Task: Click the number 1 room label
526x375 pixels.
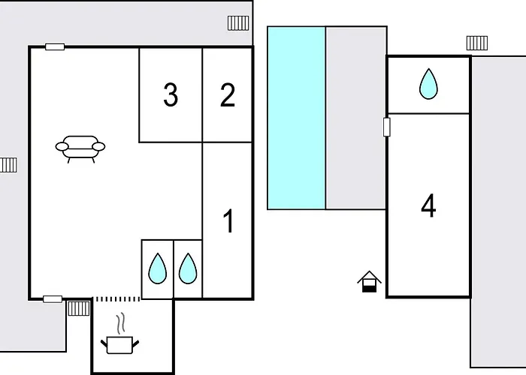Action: (x=228, y=220)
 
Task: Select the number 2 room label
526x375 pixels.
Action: (x=228, y=95)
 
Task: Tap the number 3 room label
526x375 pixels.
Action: (x=171, y=95)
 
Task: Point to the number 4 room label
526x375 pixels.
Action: (x=428, y=205)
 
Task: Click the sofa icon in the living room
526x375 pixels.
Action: (x=80, y=149)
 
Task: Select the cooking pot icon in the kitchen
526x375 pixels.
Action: (x=119, y=345)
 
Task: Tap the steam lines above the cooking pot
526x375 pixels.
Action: (x=121, y=323)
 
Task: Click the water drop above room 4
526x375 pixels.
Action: (x=428, y=84)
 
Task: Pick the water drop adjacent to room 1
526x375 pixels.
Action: (x=188, y=268)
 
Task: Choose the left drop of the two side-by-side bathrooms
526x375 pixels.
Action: (x=157, y=268)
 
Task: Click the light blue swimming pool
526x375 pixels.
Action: (x=296, y=118)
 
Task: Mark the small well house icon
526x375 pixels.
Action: (x=369, y=281)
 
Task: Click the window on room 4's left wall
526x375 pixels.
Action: (x=387, y=127)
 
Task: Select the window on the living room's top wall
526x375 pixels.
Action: (x=55, y=46)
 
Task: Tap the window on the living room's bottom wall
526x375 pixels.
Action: (x=53, y=299)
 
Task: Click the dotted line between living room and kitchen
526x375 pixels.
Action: (x=116, y=299)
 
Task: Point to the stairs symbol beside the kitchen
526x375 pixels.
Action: (x=79, y=308)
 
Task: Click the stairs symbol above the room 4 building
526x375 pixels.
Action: (x=477, y=43)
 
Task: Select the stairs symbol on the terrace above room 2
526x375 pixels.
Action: (x=238, y=23)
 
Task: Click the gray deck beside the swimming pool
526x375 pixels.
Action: (x=356, y=118)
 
